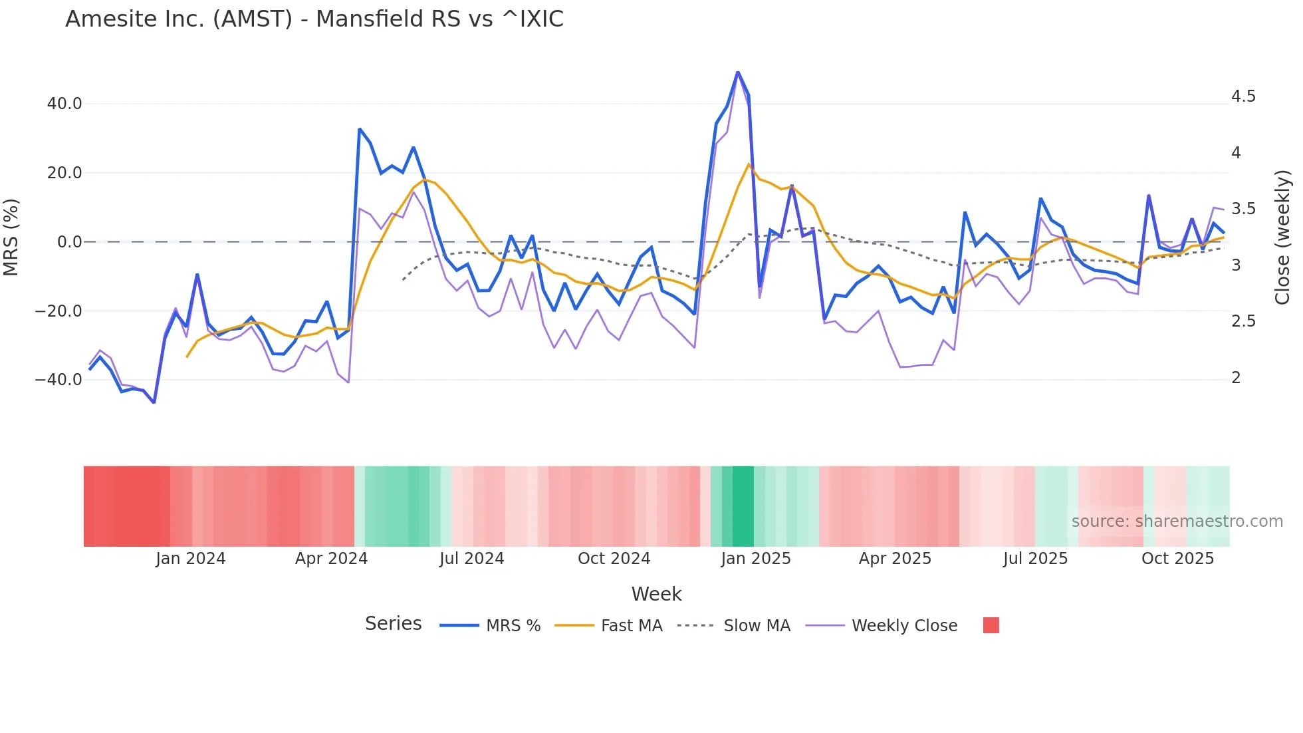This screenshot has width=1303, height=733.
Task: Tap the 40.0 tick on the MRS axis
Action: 64,104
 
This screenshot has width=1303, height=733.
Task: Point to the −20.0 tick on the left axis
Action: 59,311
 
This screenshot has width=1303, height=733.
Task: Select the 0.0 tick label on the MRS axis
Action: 69,242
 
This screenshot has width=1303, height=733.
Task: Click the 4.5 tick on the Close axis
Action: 1243,96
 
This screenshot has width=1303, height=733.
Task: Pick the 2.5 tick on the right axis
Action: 1243,321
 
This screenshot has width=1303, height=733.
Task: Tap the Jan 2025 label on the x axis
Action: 756,559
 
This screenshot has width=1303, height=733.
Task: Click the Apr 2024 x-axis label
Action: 331,559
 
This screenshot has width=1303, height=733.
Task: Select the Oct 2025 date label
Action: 1177,559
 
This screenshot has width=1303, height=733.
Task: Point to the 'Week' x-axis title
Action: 656,594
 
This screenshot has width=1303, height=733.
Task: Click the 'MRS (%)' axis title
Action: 11,237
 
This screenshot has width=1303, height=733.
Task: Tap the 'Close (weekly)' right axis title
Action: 1282,237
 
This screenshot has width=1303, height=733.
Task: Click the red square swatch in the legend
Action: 991,625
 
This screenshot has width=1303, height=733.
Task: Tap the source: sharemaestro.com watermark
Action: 1177,521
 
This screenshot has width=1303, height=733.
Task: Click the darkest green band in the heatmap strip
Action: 743,506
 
